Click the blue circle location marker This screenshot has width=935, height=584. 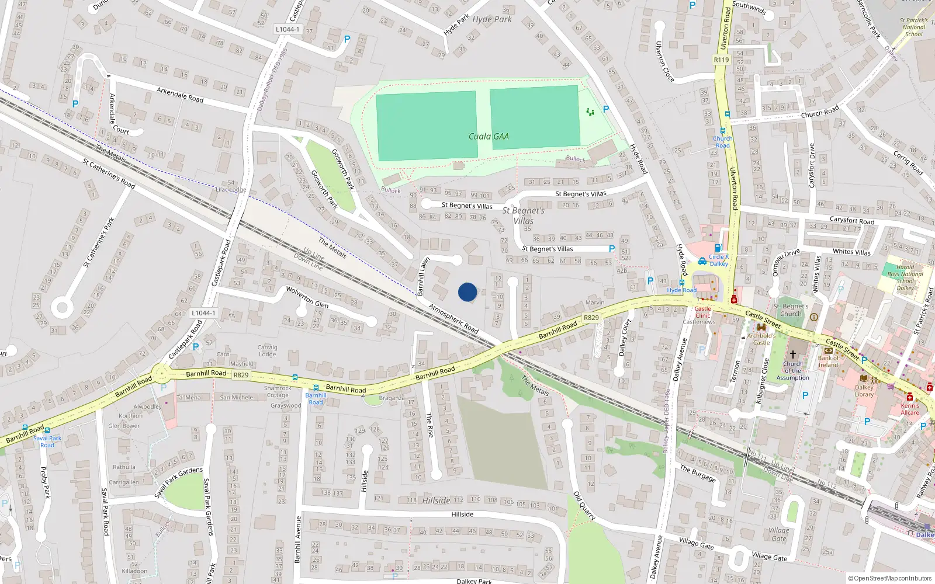[x=467, y=292]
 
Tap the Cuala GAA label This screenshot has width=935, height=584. [x=489, y=137]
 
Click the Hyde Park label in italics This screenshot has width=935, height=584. [x=492, y=19]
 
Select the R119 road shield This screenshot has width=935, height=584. [x=721, y=60]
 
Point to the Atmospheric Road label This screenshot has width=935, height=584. [x=453, y=319]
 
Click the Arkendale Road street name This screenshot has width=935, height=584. [x=180, y=95]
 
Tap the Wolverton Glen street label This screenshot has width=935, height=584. [x=307, y=297]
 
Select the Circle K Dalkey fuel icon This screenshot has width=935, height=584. [x=718, y=248]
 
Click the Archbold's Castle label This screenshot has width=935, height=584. [x=761, y=339]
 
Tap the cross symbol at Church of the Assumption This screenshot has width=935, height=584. [x=793, y=354]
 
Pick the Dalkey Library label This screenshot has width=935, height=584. [x=864, y=391]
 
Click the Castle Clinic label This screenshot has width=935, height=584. [x=702, y=312]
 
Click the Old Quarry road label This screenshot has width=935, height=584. [x=584, y=506]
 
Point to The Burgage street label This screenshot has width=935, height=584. [x=697, y=473]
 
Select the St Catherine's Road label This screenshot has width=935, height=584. [x=109, y=173]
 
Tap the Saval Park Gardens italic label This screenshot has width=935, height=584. [x=178, y=482]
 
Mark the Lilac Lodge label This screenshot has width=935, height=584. [x=231, y=189]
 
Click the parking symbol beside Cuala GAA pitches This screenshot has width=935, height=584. [x=606, y=109]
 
